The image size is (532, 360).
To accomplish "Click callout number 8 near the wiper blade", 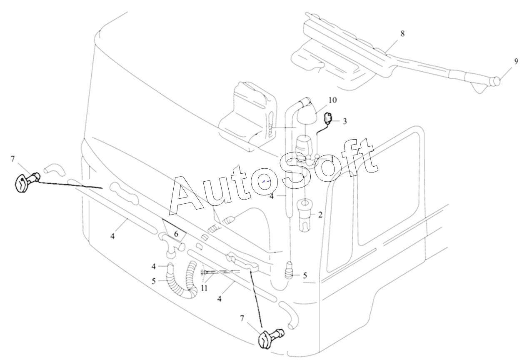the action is coord(402,34).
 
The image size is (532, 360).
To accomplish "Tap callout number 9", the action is coord(516,62).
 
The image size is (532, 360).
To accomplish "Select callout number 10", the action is coord(332,100).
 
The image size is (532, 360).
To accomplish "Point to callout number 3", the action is coord(345,121).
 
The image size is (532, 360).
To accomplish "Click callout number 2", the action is coord(320,215).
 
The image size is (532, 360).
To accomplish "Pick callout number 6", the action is coord(176,234).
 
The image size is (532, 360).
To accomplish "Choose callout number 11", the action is coord(204,288).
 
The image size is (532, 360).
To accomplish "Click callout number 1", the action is coord(332,159).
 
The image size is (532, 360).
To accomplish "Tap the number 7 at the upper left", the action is coord(13,159).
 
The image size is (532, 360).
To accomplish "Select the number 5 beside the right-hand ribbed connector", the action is coord(305,275).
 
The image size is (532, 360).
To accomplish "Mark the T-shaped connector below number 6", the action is coord(172,245).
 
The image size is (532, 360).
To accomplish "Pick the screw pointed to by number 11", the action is coord(220,272).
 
